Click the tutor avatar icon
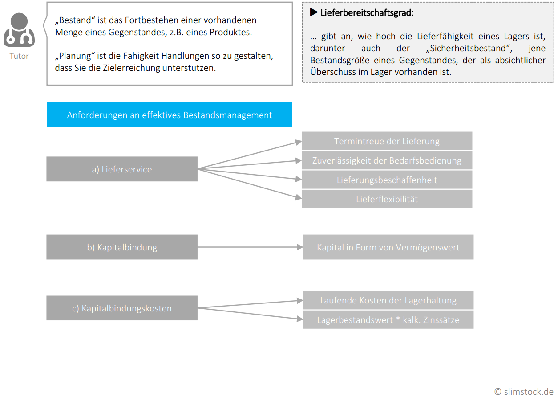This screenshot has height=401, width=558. coord(19,30)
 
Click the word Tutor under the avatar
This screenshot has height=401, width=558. coord(19,56)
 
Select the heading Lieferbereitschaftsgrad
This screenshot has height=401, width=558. coord(367,13)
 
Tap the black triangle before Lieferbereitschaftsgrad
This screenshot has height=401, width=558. coord(314,12)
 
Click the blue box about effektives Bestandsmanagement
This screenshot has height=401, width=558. coord(169,115)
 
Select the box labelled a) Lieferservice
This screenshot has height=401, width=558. coord(122,169)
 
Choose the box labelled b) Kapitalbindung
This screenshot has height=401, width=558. coord(122,247)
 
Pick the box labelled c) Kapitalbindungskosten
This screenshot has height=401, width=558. coord(122,308)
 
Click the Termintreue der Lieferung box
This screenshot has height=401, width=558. coord(387,141)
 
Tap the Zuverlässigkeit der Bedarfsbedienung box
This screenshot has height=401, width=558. coord(387,160)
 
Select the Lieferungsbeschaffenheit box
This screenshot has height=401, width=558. coord(387,180)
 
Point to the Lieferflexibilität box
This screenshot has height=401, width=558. coord(387,199)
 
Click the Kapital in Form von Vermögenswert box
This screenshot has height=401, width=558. coord(388,247)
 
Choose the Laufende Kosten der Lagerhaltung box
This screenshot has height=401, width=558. coord(388,300)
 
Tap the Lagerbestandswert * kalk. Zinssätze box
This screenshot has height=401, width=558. coord(388,320)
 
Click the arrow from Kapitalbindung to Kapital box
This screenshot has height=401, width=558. coord(250,247)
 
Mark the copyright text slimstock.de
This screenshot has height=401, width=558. coord(524,392)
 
